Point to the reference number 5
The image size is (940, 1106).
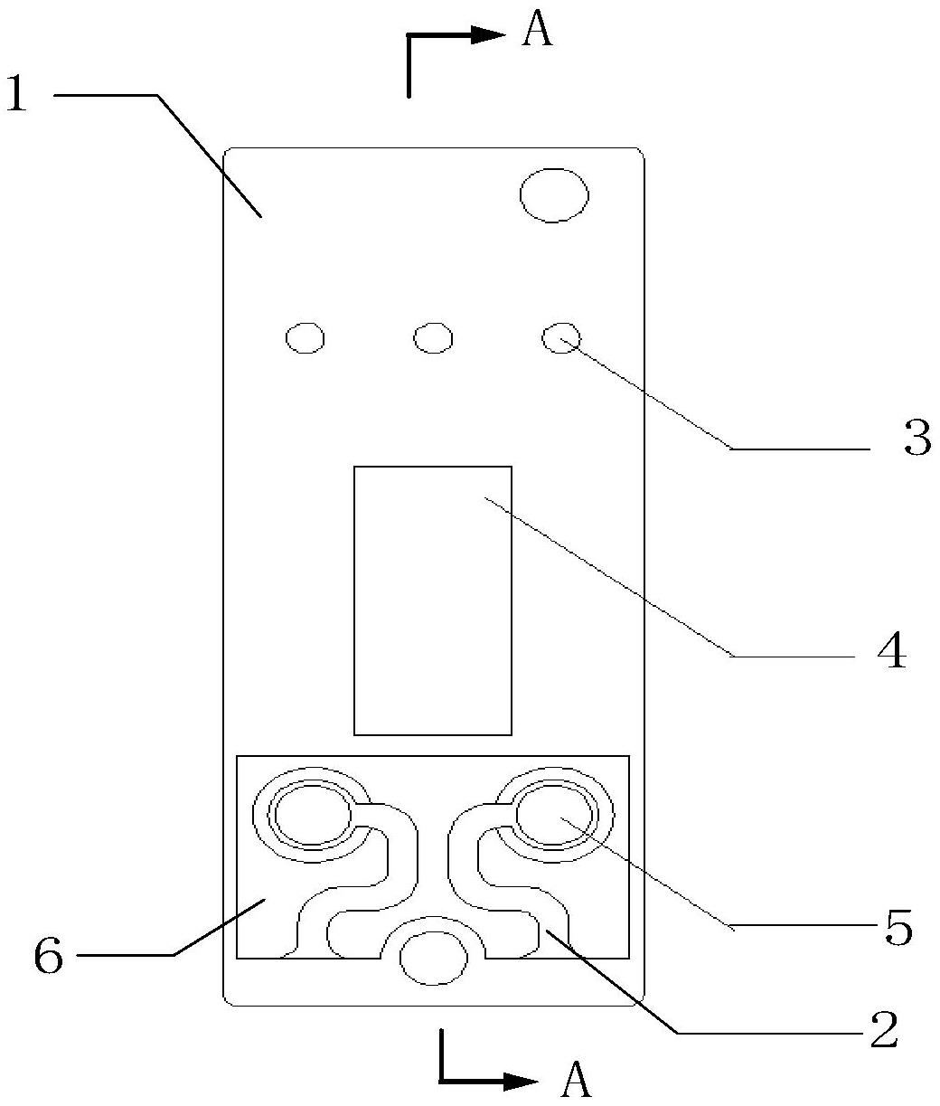click(x=898, y=929)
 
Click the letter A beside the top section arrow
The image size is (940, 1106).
click(x=537, y=32)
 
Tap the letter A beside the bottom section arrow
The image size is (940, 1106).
click(x=576, y=1078)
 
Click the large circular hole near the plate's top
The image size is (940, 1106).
click(x=553, y=194)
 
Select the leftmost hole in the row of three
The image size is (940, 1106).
click(x=305, y=338)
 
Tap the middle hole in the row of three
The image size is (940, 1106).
click(x=433, y=338)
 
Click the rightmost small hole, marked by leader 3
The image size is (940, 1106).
click(x=560, y=338)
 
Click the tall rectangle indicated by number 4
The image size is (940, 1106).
click(x=432, y=600)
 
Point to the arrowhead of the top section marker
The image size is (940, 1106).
click(x=489, y=34)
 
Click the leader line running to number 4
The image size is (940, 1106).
click(x=615, y=578)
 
